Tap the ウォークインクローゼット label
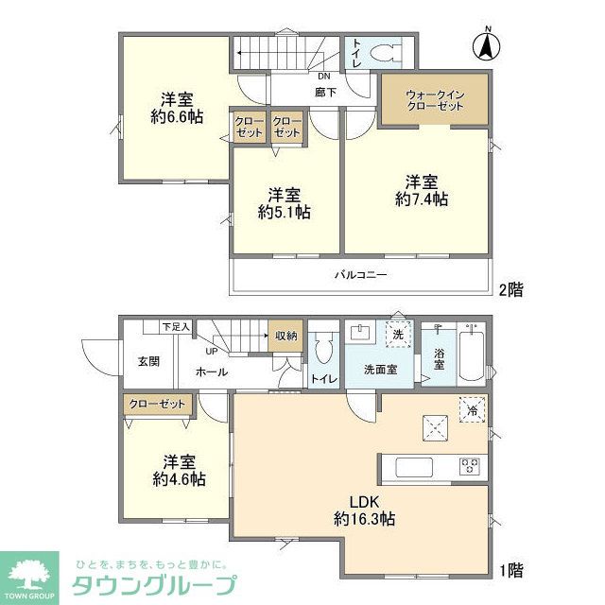point(434,101)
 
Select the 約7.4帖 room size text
point(421,199)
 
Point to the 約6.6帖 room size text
point(177,117)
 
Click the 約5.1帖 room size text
point(285,213)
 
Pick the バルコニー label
point(360,275)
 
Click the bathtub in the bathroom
point(472,354)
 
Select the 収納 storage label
point(285,335)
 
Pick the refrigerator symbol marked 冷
point(472,409)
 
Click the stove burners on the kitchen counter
point(470,466)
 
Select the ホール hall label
point(211,372)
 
